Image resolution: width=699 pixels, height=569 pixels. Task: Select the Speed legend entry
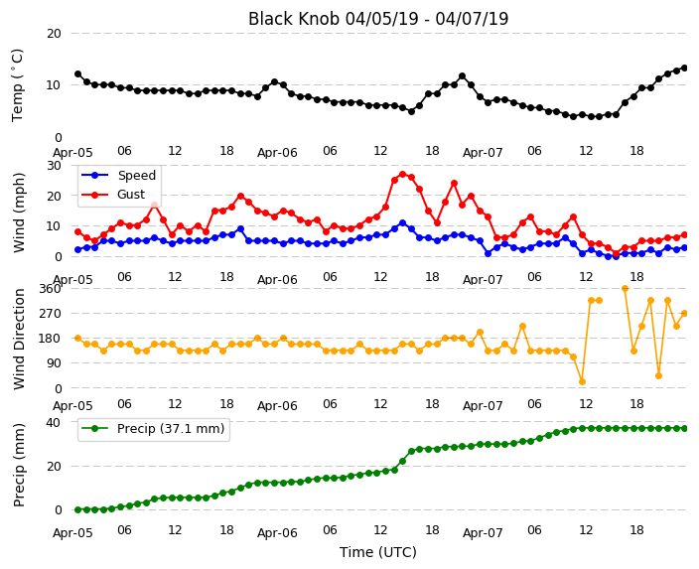tap(119, 175)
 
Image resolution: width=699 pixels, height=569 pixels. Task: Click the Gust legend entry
tap(113, 195)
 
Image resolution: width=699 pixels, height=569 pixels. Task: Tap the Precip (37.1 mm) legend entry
tap(153, 429)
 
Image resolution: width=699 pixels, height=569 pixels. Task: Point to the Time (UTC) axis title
tap(378, 552)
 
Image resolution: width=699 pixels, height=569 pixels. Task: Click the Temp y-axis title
tap(17, 85)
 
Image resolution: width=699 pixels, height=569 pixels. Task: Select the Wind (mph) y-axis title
tap(19, 213)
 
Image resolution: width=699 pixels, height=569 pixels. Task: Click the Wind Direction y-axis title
tap(19, 339)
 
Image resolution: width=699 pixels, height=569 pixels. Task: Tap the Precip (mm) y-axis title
tap(19, 465)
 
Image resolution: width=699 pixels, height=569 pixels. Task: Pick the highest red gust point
tap(403, 175)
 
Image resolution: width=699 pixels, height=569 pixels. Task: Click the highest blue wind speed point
tap(403, 223)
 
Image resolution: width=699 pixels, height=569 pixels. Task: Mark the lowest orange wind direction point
tap(582, 381)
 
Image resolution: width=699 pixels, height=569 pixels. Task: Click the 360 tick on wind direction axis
tap(50, 289)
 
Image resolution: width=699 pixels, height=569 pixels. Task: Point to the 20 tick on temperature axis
tap(54, 34)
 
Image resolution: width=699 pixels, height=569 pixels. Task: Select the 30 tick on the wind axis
tap(54, 166)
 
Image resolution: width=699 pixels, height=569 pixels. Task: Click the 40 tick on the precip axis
tap(54, 422)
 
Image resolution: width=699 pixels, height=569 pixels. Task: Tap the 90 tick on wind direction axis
tap(54, 363)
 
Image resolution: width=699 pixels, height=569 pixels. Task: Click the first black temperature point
tap(78, 74)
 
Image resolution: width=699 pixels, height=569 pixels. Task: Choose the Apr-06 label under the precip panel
tap(277, 533)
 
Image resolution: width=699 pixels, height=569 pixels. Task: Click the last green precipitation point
tap(685, 429)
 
